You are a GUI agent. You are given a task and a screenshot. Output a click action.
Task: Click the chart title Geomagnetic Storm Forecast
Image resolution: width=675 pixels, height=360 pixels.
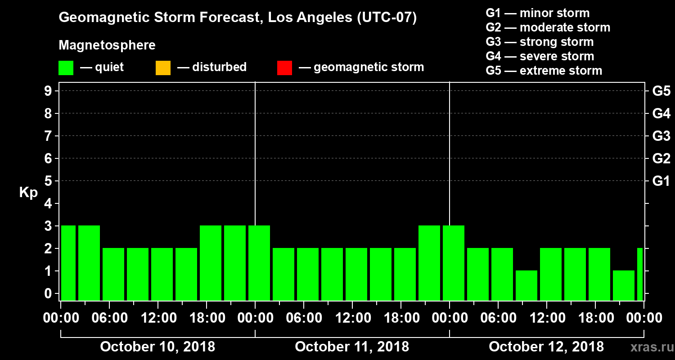click(238, 18)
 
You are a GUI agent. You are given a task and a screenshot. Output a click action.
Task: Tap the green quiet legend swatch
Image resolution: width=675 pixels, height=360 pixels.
click(66, 68)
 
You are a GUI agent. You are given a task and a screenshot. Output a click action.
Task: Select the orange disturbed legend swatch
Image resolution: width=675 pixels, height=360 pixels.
click(163, 68)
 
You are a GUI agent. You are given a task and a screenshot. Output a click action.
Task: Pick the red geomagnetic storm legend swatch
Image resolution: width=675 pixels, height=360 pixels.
click(284, 68)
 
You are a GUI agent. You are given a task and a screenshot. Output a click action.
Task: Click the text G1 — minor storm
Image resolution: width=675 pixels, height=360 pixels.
click(537, 13)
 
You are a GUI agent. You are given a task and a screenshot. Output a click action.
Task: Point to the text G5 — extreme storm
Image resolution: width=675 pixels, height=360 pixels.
click(544, 71)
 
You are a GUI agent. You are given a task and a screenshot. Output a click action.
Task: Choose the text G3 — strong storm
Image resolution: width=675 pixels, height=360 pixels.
click(540, 42)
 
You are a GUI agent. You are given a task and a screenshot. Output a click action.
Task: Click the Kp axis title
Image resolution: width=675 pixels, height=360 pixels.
click(28, 193)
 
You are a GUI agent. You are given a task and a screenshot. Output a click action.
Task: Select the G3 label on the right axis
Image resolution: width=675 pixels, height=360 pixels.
click(661, 136)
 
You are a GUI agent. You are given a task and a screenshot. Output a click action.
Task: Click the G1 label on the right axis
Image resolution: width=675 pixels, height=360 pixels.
click(661, 181)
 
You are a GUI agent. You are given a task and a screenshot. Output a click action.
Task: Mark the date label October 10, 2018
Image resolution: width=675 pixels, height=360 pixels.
click(157, 347)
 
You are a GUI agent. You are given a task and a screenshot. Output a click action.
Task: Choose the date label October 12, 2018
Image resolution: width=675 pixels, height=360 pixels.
click(546, 347)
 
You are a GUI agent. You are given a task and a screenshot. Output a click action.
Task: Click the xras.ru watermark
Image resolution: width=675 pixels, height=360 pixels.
click(648, 347)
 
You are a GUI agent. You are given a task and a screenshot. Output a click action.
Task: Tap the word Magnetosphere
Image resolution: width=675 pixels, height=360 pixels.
click(107, 45)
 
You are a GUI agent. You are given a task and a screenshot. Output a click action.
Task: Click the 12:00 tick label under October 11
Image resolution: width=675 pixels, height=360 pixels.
click(352, 318)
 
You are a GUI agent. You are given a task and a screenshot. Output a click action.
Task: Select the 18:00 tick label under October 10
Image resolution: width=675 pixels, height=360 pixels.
click(207, 318)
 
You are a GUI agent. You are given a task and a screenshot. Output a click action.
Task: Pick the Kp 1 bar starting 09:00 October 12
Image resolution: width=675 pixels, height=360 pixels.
click(526, 285)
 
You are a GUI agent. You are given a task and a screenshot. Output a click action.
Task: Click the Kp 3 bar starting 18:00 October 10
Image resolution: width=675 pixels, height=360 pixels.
click(211, 263)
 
